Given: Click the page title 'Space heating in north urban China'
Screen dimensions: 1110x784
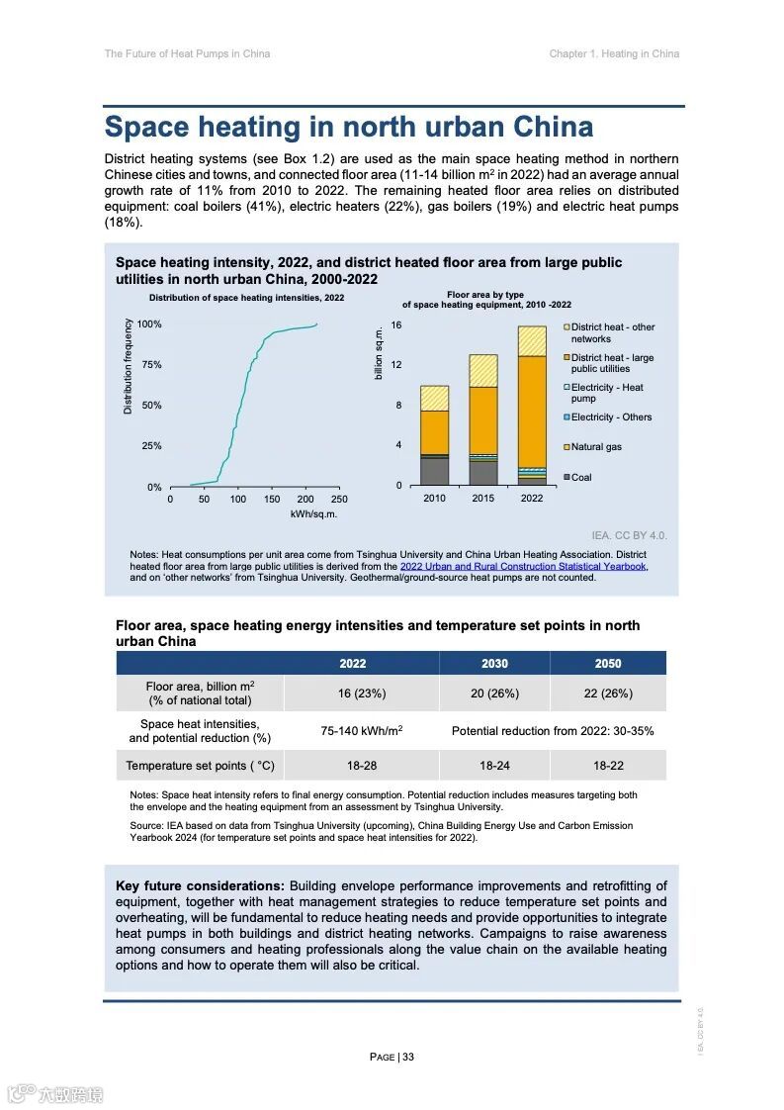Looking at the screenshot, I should (x=349, y=128).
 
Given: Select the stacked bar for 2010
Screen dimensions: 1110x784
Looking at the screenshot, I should (x=435, y=435).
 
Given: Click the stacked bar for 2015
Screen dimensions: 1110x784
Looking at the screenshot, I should (x=483, y=420).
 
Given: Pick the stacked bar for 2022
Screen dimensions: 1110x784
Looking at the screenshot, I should (x=532, y=406).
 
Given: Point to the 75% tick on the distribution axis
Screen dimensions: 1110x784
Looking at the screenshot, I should (x=150, y=365).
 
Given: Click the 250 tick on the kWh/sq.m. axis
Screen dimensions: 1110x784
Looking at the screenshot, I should (x=338, y=500).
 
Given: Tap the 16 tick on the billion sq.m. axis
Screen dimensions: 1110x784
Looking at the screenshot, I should (x=396, y=325).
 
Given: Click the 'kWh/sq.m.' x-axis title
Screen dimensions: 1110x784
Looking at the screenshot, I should (x=313, y=514).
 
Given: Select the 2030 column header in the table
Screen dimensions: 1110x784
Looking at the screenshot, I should (x=494, y=664).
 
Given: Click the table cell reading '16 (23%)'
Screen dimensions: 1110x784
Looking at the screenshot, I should (x=353, y=694).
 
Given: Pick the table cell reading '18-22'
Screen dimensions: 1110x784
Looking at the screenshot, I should (x=608, y=766).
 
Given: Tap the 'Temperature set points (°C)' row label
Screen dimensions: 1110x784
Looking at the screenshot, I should (x=201, y=766).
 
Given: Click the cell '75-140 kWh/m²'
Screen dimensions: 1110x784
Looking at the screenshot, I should (x=361, y=731).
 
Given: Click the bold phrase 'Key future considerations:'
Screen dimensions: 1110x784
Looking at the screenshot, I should (x=200, y=886).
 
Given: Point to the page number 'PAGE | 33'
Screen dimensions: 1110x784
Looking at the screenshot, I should (x=392, y=1057).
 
